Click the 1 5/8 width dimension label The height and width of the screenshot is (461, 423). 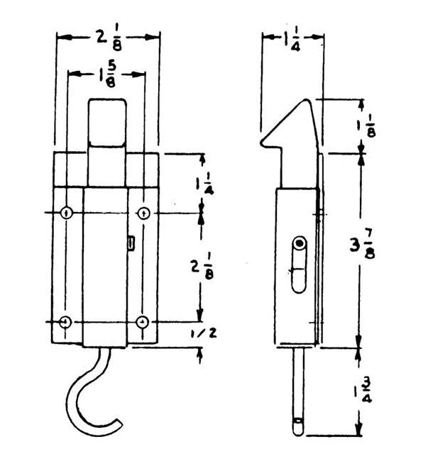coord(108,74)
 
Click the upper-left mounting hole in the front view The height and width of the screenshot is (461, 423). coord(66,213)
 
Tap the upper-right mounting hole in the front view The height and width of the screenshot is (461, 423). coord(144,213)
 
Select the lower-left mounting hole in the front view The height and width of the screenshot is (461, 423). coord(66,322)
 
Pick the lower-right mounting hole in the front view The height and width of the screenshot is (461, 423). coord(144,322)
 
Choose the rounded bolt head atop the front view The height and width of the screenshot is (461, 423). coord(107,122)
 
